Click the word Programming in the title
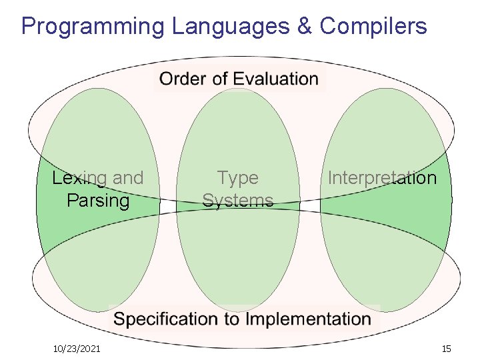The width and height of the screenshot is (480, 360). [93, 27]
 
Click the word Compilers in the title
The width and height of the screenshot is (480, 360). [373, 27]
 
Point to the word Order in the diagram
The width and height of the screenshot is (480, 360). [181, 79]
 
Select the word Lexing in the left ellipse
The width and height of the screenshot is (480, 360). [79, 179]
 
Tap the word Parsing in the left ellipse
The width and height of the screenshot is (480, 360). [98, 200]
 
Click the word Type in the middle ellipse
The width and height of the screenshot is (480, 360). [237, 178]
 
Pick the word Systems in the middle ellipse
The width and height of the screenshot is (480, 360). [237, 200]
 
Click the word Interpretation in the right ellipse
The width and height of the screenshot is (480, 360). [382, 178]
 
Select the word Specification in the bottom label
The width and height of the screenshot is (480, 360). [166, 319]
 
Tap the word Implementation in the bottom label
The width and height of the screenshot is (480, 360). [309, 319]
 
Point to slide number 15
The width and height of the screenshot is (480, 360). [446, 349]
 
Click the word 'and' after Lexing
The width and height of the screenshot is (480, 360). [128, 178]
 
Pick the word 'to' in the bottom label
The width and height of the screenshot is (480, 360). [232, 319]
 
